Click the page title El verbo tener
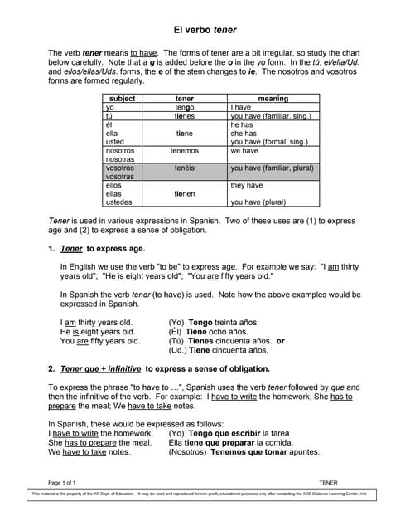click(x=205, y=30)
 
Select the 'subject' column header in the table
click(x=122, y=99)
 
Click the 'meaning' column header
click(x=273, y=99)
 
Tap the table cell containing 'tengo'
click(x=184, y=108)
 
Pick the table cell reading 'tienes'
click(x=184, y=116)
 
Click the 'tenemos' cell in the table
click(x=184, y=151)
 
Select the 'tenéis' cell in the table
click(x=184, y=168)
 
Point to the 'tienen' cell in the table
click(x=184, y=193)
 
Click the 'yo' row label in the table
click(x=110, y=108)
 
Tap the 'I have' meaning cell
click(x=241, y=108)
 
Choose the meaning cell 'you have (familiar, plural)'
click(x=272, y=168)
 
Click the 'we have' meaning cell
click(x=244, y=151)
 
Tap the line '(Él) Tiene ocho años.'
click(x=208, y=331)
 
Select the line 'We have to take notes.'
click(x=89, y=451)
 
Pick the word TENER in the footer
click(x=329, y=482)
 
